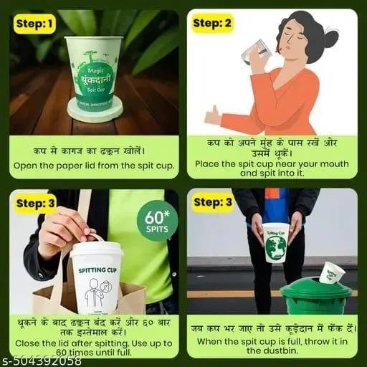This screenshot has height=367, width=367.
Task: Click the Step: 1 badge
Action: tap(34, 24)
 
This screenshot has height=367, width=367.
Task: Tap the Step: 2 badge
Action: tap(213, 24)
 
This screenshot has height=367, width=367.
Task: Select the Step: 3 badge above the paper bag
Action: tap(34, 203)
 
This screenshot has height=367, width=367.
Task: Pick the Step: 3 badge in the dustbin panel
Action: tap(213, 203)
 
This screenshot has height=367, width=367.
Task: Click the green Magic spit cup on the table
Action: tap(94, 72)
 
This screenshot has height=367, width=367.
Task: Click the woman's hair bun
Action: tap(330, 38)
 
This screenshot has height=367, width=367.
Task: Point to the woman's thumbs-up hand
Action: tap(213, 115)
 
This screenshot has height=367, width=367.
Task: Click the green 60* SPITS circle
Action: tap(157, 220)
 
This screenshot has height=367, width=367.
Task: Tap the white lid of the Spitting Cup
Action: tap(95, 249)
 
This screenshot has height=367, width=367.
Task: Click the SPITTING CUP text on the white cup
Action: tap(96, 270)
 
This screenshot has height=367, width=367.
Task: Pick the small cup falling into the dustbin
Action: tap(332, 272)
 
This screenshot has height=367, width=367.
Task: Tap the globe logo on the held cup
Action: tap(275, 247)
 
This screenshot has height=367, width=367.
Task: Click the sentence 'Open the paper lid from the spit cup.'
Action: tap(93, 166)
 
